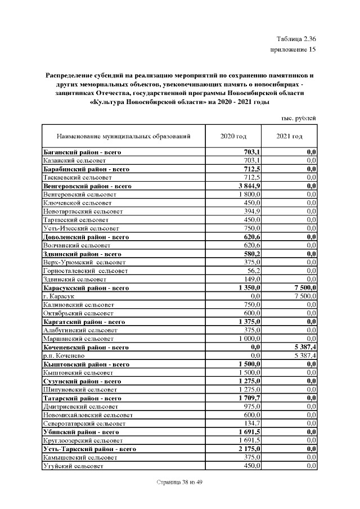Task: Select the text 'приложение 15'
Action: [294, 51]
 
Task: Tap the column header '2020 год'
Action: [233, 137]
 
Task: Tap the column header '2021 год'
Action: [289, 137]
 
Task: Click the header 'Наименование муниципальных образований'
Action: [123, 137]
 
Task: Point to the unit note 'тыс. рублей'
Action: [298, 118]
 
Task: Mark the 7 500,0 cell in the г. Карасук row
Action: [303, 296]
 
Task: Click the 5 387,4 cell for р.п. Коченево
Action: [303, 355]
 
